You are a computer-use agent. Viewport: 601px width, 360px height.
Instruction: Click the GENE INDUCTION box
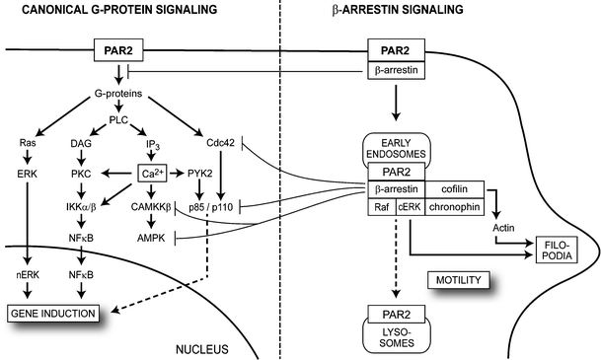tap(57, 313)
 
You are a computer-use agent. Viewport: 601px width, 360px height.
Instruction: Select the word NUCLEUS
tap(201, 348)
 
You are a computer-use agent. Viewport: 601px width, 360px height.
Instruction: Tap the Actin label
tap(504, 229)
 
